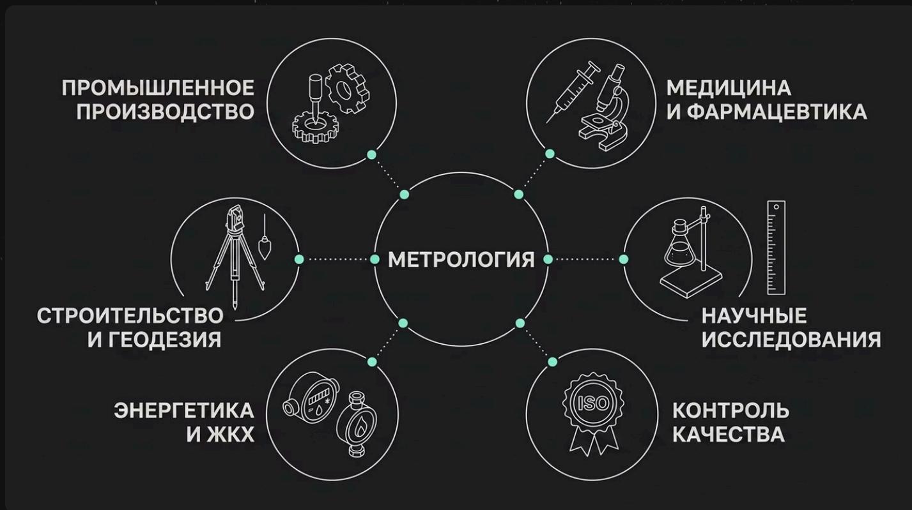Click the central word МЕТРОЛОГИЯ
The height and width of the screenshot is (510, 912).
461,260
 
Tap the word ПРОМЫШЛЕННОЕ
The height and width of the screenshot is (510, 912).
158,88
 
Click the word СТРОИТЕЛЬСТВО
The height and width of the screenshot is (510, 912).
130,315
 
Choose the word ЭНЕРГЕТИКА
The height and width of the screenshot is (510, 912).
184,410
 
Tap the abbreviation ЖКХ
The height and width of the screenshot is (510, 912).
231,434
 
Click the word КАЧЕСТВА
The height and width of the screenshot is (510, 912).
729,434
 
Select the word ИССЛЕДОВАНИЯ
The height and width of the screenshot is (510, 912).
791,340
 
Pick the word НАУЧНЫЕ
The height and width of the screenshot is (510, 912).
754,315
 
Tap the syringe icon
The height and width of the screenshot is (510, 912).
573,91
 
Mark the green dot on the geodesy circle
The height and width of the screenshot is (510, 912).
299,260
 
